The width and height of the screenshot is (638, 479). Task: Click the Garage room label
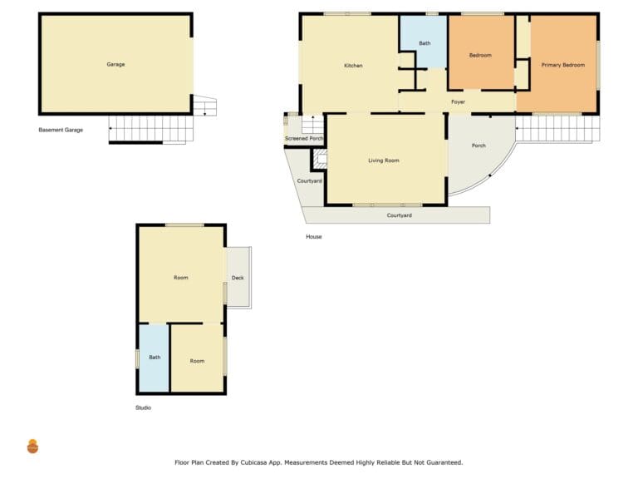coord(115,64)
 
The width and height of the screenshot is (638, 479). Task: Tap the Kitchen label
coord(353,66)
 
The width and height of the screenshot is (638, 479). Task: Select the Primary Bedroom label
coord(562,65)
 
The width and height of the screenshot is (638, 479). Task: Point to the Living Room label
coord(384,160)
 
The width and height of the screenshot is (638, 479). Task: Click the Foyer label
coord(459,101)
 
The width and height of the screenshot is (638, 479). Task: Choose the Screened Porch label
coord(304,139)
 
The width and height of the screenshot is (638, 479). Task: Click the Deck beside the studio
coord(239,278)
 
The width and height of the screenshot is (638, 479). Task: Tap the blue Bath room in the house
coord(424,41)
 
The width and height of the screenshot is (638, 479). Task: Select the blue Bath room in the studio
coord(155,358)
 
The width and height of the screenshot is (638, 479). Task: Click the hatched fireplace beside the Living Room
coord(321,159)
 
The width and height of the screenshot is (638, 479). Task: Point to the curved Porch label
coord(478,146)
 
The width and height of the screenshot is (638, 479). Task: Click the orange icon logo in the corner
coord(32,447)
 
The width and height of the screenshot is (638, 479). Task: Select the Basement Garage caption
coord(61,130)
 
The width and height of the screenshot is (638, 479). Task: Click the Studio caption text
coord(143,407)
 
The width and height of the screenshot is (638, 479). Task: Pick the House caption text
coord(314,237)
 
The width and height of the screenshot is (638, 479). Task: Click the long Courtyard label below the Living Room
coord(399,215)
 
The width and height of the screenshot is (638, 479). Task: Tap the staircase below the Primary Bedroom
coord(557,129)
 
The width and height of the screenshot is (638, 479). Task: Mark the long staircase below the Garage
coord(151,130)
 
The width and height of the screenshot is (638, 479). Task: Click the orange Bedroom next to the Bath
coord(481,52)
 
